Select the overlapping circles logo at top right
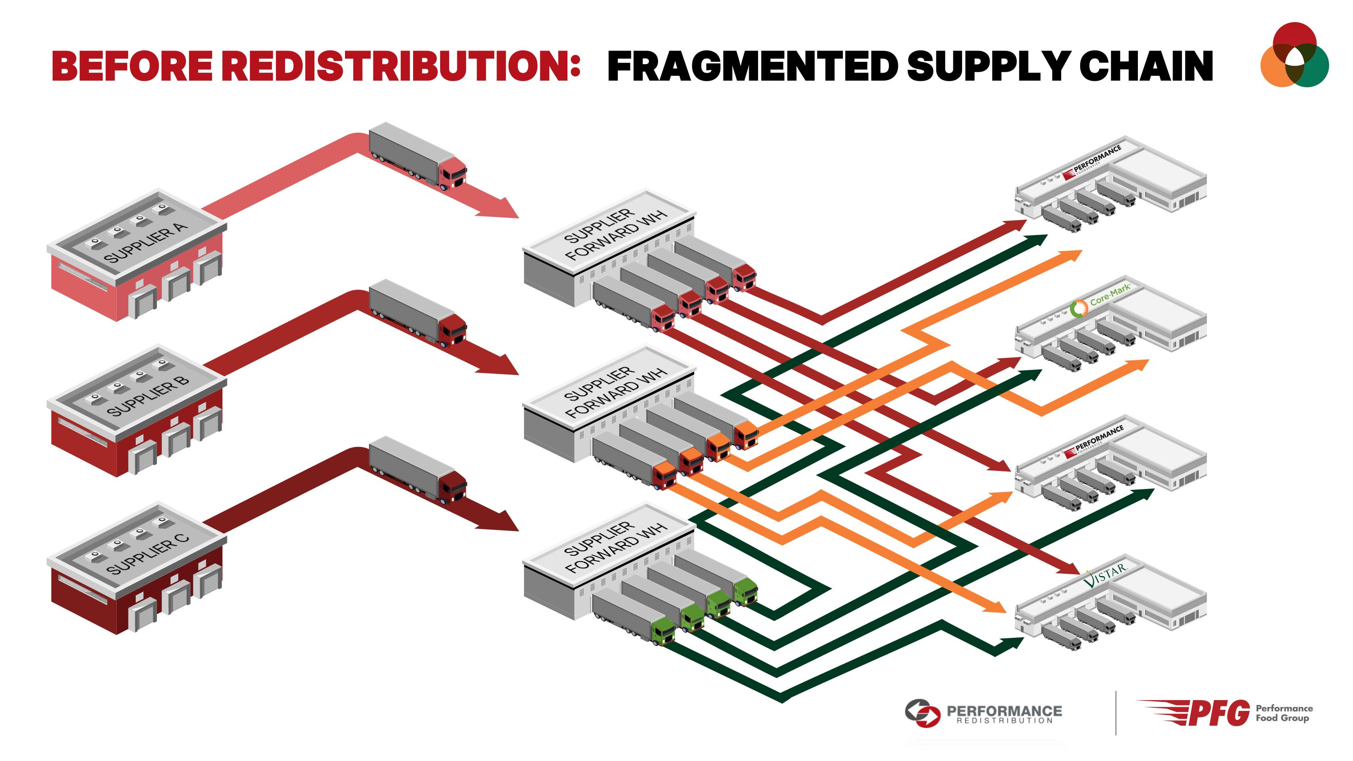click(1294, 55)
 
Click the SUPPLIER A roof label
click(146, 243)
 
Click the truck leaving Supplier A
click(418, 156)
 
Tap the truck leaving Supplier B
click(418, 313)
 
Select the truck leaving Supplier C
click(418, 470)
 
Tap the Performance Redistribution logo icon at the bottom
click(922, 713)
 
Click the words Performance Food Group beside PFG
click(1284, 713)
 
